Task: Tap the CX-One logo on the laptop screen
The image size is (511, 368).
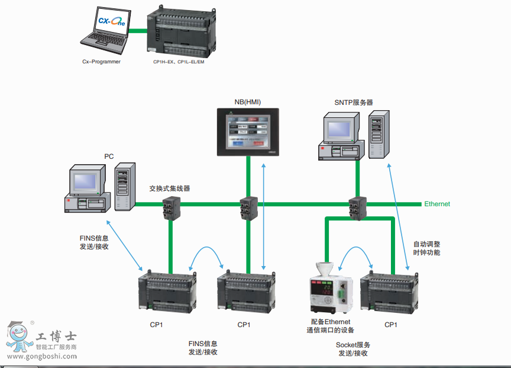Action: pos(112,23)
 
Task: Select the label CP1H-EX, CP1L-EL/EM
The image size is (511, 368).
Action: pos(179,61)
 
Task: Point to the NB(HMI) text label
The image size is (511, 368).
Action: pos(247,102)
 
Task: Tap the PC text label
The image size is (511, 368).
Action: pos(109,156)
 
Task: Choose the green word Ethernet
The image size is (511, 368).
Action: pos(436,204)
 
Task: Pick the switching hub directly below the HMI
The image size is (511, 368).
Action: pos(248,207)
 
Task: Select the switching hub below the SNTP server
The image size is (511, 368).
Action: pos(358,207)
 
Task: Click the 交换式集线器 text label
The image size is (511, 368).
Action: pos(170,188)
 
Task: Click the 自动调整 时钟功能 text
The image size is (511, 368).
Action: pos(426,248)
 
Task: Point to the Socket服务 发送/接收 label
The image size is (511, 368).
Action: pos(353,349)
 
